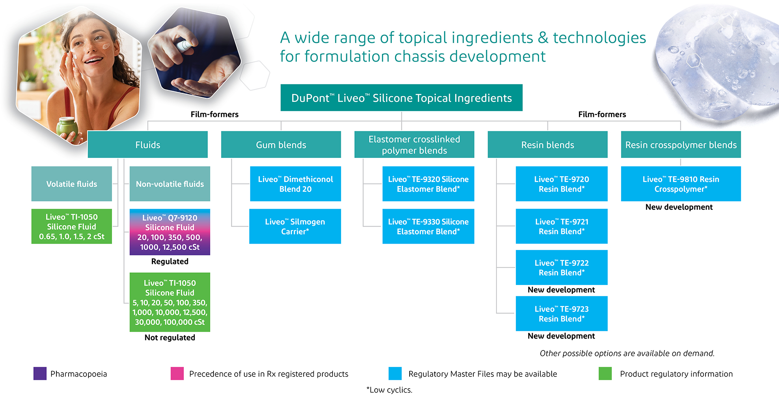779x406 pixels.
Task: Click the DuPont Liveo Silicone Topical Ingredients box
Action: click(x=401, y=97)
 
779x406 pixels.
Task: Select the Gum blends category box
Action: click(x=281, y=144)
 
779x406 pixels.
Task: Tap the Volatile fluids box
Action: click(x=71, y=184)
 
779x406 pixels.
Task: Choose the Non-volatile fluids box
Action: click(x=170, y=184)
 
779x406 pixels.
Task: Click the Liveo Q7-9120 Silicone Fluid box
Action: click(x=170, y=232)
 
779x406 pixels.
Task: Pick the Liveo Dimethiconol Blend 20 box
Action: click(x=296, y=184)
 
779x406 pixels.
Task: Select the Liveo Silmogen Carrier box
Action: click(x=295, y=226)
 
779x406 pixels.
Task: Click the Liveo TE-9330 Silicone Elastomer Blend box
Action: click(x=428, y=226)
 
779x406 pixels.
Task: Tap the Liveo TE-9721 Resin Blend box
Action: click(x=561, y=226)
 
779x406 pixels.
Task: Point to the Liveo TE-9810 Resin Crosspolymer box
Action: click(x=681, y=184)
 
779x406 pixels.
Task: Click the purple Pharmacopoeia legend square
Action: click(x=40, y=374)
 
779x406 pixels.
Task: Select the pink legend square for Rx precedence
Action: click(x=177, y=374)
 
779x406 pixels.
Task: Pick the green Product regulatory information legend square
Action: click(x=605, y=374)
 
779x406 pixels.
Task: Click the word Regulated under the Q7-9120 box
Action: click(x=170, y=261)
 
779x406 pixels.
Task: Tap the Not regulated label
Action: click(x=170, y=337)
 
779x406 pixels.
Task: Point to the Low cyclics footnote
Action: click(x=389, y=390)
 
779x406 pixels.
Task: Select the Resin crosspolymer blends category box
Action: click(x=681, y=144)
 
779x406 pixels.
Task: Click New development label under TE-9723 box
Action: click(x=561, y=336)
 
